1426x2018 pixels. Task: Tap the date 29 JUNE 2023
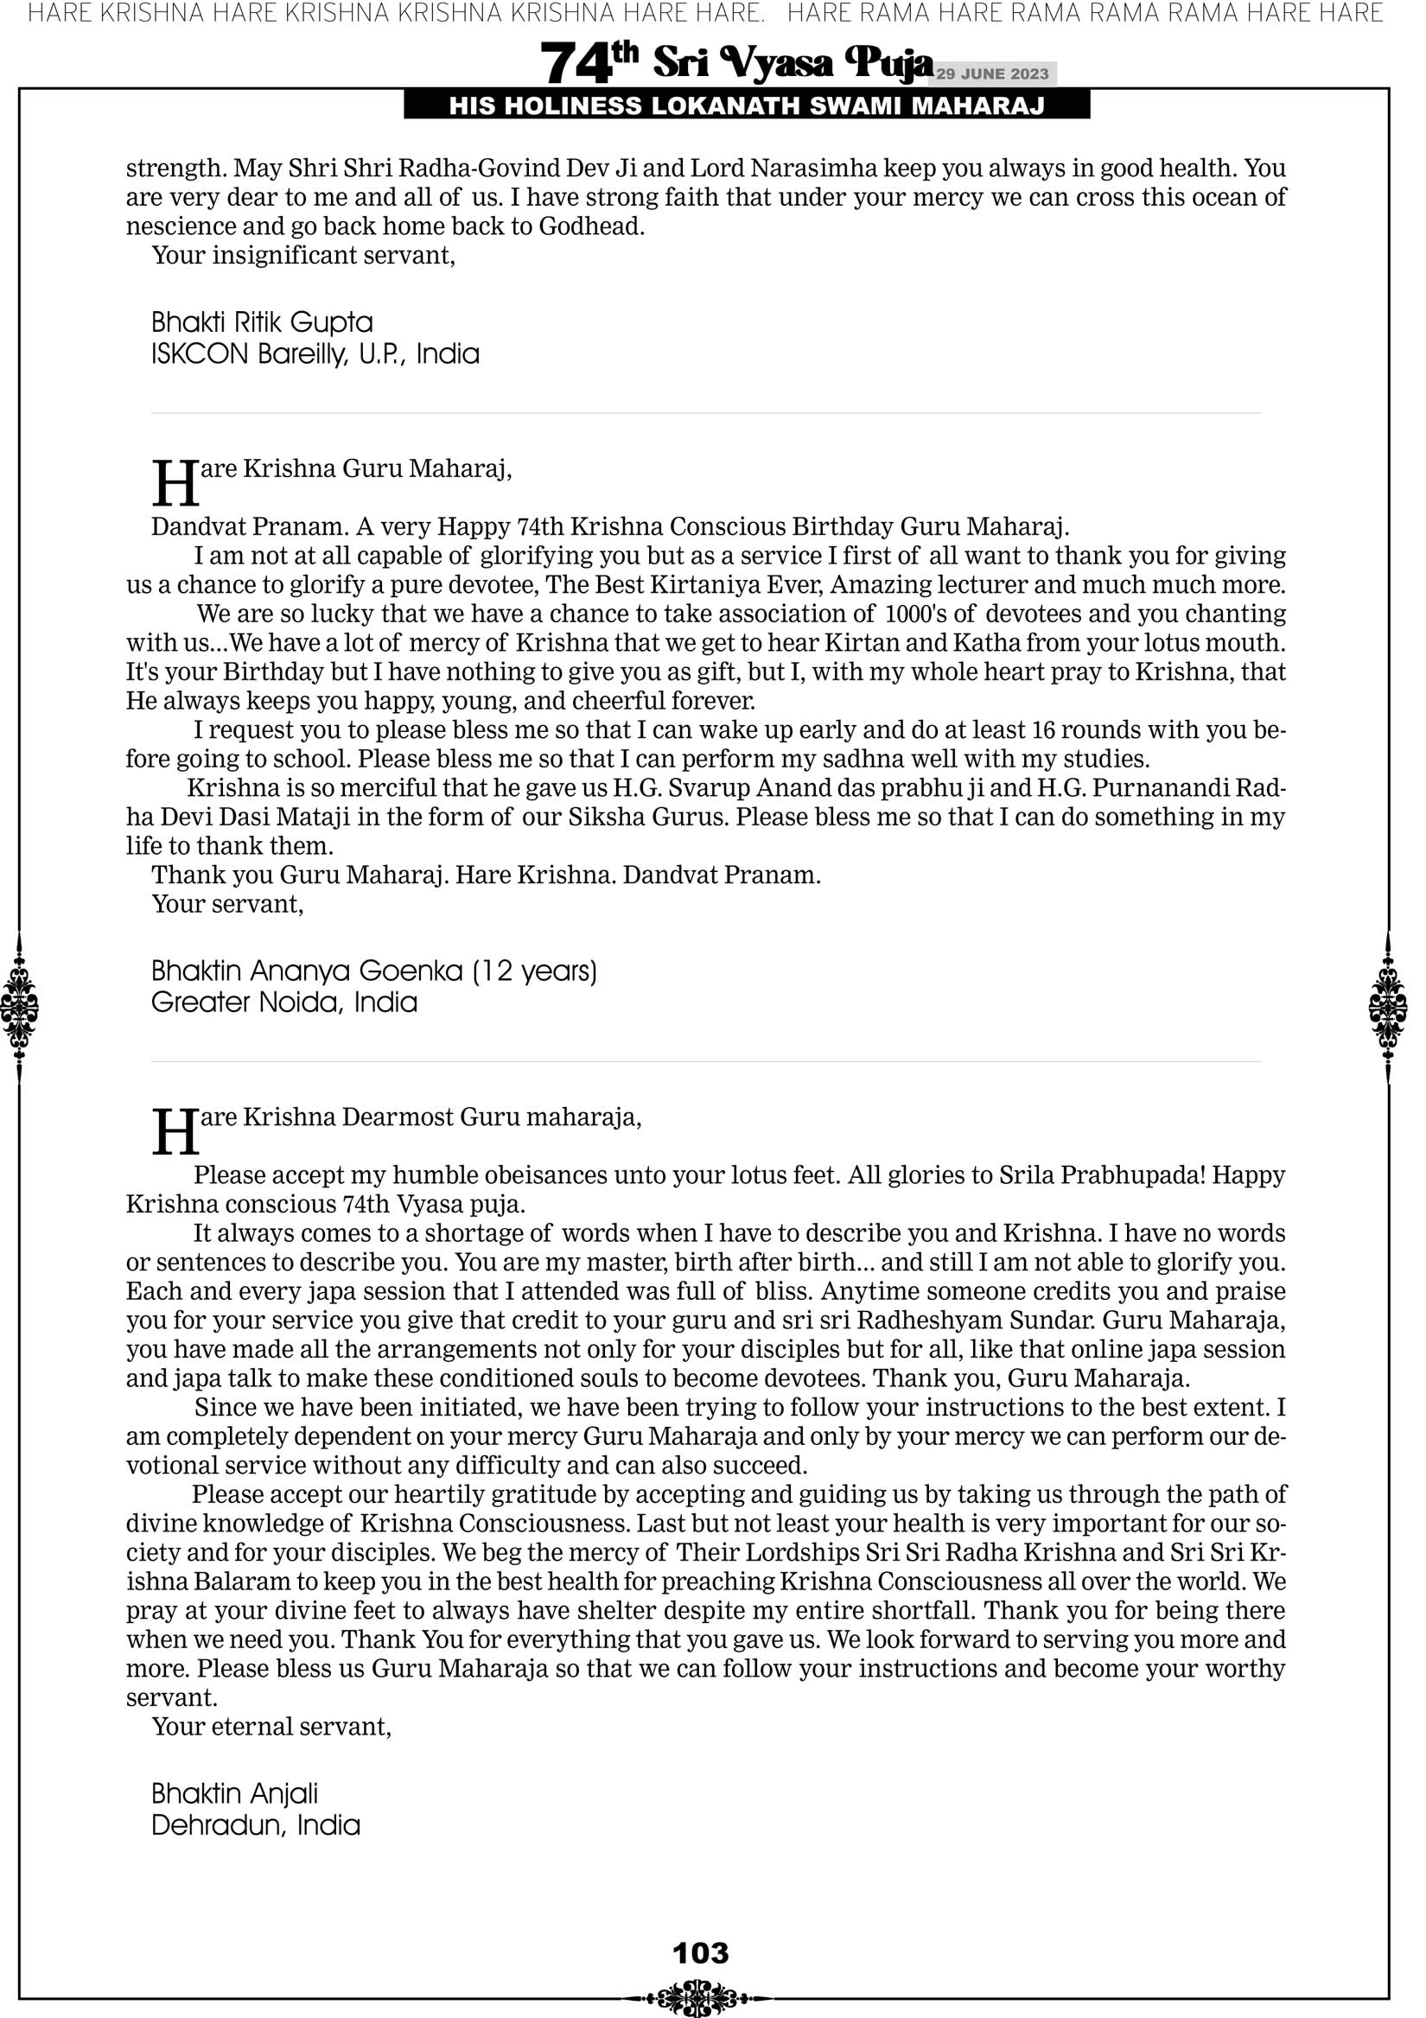pyautogui.click(x=991, y=73)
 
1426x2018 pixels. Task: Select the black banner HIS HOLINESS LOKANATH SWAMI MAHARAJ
pyautogui.click(x=747, y=106)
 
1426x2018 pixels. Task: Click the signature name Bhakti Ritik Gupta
pyautogui.click(x=262, y=322)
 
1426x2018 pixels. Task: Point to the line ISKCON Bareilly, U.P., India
pyautogui.click(x=315, y=354)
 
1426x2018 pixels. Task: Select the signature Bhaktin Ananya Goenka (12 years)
pyautogui.click(x=373, y=971)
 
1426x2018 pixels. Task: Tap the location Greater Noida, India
pyautogui.click(x=284, y=1002)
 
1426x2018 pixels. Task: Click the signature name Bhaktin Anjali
pyautogui.click(x=235, y=1793)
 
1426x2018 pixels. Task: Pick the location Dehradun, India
pyautogui.click(x=256, y=1825)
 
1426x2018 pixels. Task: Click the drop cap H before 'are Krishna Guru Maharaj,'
pyautogui.click(x=175, y=482)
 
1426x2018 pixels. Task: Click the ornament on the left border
pyautogui.click(x=19, y=1007)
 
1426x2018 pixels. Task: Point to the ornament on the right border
pyautogui.click(x=1388, y=1007)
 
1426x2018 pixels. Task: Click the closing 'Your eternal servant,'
pyautogui.click(x=271, y=1726)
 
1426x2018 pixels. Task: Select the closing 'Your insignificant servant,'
pyautogui.click(x=303, y=256)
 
